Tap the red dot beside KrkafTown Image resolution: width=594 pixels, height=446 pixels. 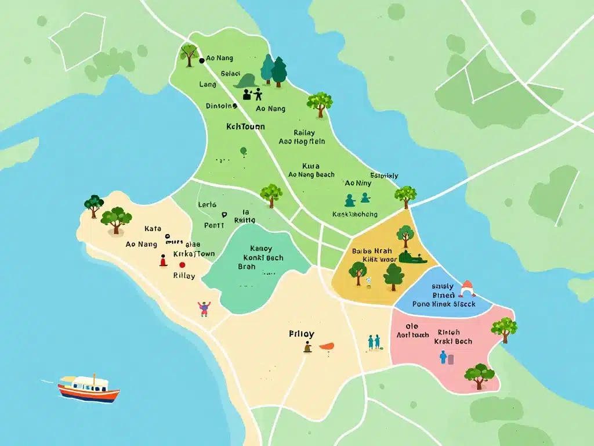coord(183,264)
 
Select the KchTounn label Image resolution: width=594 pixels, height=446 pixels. coord(245,126)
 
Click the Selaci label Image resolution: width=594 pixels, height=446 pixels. coord(230,74)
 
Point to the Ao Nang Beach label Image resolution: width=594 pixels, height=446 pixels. coord(311,175)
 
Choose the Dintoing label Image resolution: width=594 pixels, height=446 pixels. coord(222,106)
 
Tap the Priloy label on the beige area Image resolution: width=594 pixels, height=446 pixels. coord(301,334)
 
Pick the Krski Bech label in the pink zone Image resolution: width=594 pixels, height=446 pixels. coord(453,341)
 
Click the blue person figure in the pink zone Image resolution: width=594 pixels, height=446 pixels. coord(444,357)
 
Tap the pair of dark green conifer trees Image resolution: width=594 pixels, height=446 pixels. coord(273,70)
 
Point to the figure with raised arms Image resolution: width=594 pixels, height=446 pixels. coord(204,308)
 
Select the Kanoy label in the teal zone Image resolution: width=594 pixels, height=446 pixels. coord(260,248)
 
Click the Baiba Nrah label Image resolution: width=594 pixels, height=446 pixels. coord(372,251)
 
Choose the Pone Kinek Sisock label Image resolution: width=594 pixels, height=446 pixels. coord(444,303)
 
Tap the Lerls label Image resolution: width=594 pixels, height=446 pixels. coord(207,204)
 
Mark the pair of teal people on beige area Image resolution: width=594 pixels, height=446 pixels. coord(374,342)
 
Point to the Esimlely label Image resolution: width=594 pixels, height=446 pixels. coord(384,175)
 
